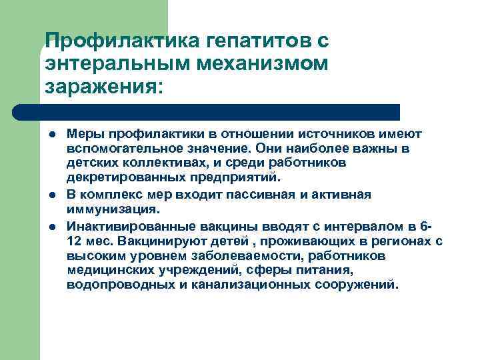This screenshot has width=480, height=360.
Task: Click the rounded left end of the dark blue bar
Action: (19, 111)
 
